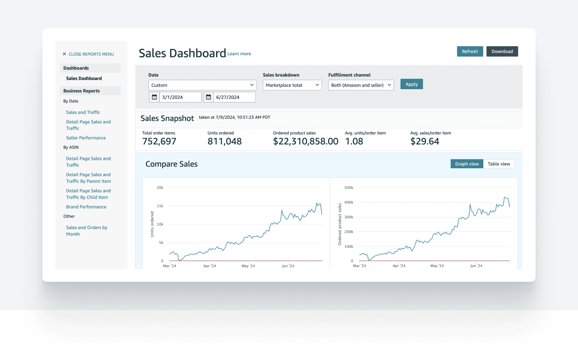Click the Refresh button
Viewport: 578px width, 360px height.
click(470, 51)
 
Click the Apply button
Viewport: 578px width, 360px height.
click(412, 84)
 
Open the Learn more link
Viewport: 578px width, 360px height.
click(239, 54)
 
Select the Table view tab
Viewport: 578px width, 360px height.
click(498, 164)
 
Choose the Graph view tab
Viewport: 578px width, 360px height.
click(467, 164)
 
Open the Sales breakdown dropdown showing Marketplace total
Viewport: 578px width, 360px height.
click(292, 85)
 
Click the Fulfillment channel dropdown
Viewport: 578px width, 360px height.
click(361, 85)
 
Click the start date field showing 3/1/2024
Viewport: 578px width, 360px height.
click(180, 97)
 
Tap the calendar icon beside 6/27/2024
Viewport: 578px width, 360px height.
click(209, 97)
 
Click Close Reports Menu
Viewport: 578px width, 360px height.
click(88, 54)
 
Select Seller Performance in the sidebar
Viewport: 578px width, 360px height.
click(86, 138)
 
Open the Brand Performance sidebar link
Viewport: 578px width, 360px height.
click(86, 207)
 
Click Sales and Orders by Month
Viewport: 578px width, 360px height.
click(86, 231)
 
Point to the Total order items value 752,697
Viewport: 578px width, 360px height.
click(159, 141)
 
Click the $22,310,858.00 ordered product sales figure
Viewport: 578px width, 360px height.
click(306, 141)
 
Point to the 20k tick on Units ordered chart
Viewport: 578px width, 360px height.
click(160, 188)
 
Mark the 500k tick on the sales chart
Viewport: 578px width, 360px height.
click(348, 188)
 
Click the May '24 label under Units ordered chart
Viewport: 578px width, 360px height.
click(248, 266)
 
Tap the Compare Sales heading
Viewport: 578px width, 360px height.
click(171, 164)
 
